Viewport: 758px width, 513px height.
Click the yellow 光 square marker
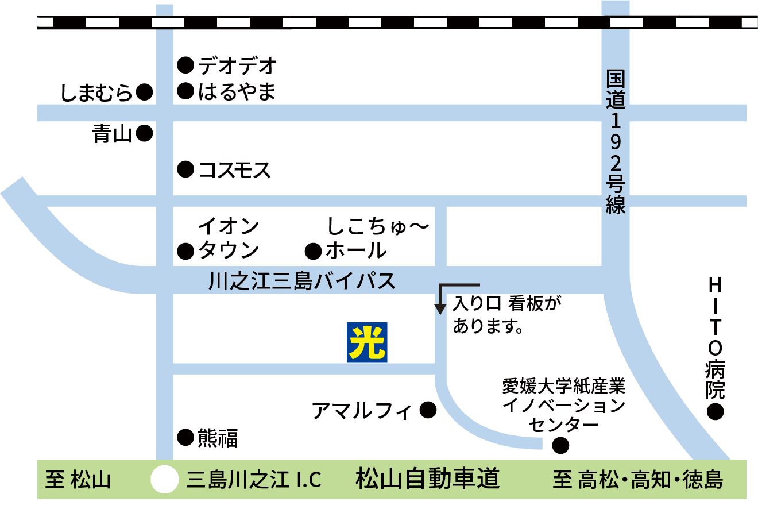pyautogui.click(x=367, y=342)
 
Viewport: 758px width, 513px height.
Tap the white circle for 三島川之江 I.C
pyautogui.click(x=165, y=479)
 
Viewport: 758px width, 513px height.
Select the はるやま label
pyautogui.click(x=237, y=92)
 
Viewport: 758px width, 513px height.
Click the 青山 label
pyautogui.click(x=112, y=134)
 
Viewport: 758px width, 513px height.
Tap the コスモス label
pyautogui.click(x=234, y=170)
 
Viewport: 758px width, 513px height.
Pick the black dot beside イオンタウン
pyautogui.click(x=185, y=251)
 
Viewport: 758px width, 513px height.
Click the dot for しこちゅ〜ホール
pyautogui.click(x=314, y=251)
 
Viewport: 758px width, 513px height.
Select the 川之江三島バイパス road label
pyautogui.click(x=302, y=281)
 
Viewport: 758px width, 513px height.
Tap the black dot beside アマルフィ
pyautogui.click(x=428, y=410)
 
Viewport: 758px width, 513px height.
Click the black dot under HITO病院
pyautogui.click(x=715, y=411)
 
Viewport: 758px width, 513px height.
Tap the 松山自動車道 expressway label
pyautogui.click(x=428, y=479)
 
